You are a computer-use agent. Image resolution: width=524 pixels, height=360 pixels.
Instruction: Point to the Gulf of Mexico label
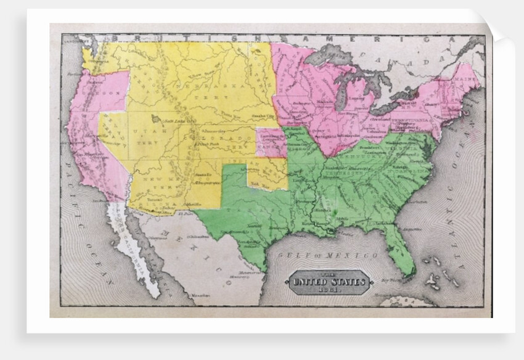pyautogui.click(x=327, y=255)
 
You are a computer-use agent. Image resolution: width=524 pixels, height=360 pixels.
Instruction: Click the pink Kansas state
pyautogui.click(x=271, y=142)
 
